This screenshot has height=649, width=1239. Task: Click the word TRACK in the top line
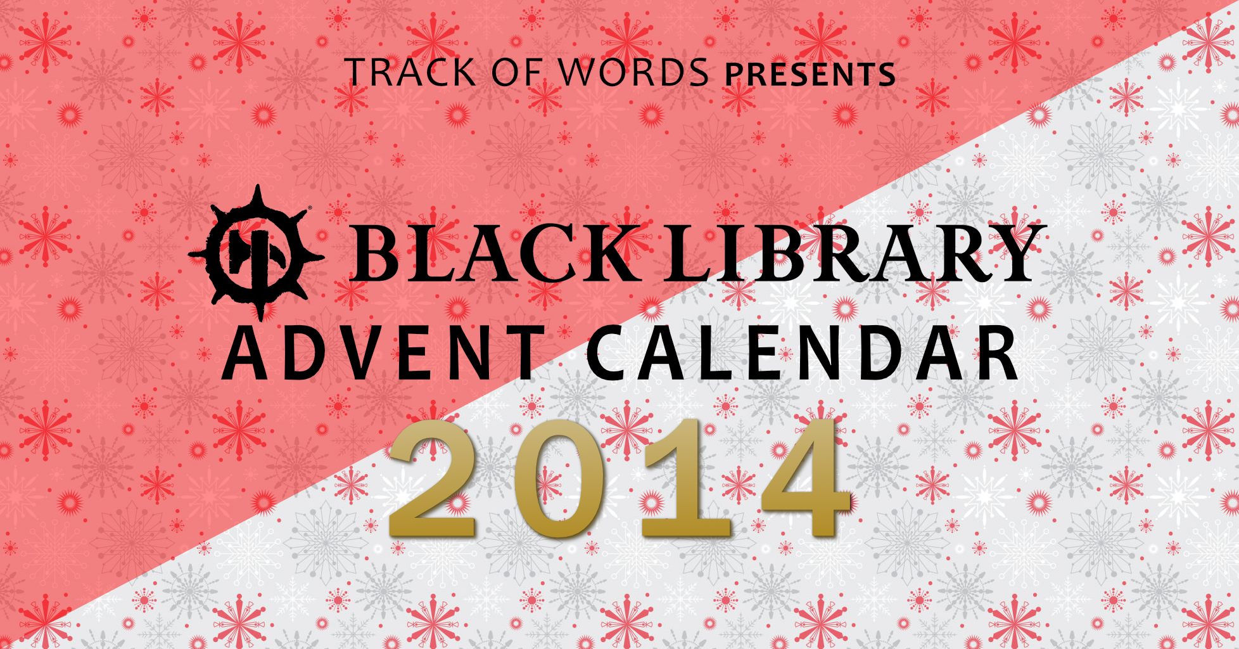[x=411, y=72]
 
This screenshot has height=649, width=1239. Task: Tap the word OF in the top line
[x=517, y=72]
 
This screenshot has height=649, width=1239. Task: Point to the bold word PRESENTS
[x=810, y=74]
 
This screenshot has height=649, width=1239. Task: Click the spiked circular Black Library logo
[x=257, y=252]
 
